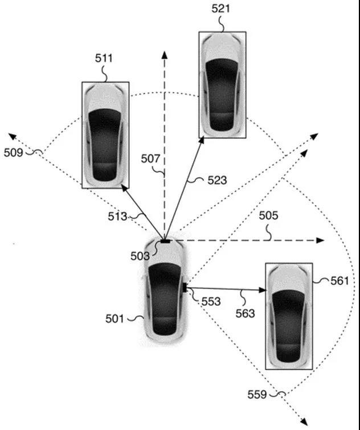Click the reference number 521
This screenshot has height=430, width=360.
pyautogui.click(x=220, y=9)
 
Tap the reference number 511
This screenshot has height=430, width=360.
pyautogui.click(x=104, y=58)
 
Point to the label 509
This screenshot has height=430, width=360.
pyautogui.click(x=13, y=153)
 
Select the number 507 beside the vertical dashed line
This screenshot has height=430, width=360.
pyautogui.click(x=150, y=159)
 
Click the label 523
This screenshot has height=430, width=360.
pyautogui.click(x=217, y=180)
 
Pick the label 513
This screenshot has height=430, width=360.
pyautogui.click(x=117, y=216)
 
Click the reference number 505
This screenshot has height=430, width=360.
pyautogui.click(x=268, y=215)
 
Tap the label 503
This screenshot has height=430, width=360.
pyautogui.click(x=140, y=256)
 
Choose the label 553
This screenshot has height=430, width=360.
pyautogui.click(x=211, y=302)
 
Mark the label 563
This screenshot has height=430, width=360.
pyautogui.click(x=245, y=313)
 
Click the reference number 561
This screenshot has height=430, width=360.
pyautogui.click(x=339, y=281)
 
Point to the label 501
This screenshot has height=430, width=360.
pyautogui.click(x=114, y=319)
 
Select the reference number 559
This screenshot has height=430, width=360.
pyautogui.click(x=257, y=395)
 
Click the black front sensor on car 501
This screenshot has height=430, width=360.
pyautogui.click(x=165, y=241)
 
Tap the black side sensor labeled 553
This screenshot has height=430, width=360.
pyautogui.click(x=185, y=287)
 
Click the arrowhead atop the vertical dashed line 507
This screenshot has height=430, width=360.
pyautogui.click(x=164, y=55)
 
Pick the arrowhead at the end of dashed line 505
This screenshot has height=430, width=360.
pyautogui.click(x=321, y=240)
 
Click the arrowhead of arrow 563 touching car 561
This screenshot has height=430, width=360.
pyautogui.click(x=263, y=290)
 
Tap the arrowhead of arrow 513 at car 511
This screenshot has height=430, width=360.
pyautogui.click(x=125, y=188)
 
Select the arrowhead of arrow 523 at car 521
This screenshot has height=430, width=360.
pyautogui.click(x=202, y=140)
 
